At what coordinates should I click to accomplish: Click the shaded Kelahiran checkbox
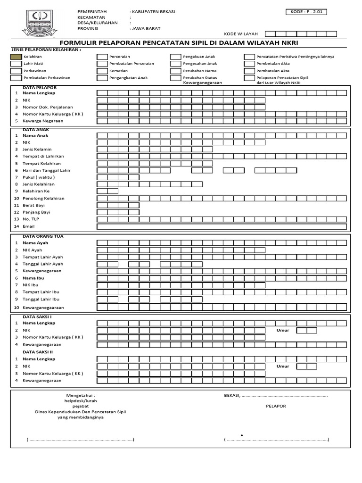[x=16, y=57]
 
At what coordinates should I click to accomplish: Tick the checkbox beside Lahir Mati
[x=16, y=64]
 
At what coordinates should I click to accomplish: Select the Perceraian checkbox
[x=102, y=57]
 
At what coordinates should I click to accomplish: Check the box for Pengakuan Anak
[x=175, y=57]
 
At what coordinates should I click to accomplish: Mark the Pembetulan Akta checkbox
[x=249, y=64]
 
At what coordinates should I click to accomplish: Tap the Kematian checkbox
[x=102, y=71]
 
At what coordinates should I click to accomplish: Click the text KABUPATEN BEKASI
[x=153, y=12]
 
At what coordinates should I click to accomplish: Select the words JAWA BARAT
[x=146, y=28]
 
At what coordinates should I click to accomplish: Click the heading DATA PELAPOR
[x=40, y=88]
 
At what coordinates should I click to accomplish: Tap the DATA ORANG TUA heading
[x=43, y=236]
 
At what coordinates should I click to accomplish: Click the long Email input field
[x=222, y=226]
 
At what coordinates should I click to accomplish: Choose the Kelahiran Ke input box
[x=107, y=191]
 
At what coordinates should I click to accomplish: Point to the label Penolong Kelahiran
[x=43, y=199]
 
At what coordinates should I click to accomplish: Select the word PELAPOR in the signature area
[x=276, y=406]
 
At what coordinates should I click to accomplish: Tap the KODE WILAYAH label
[x=241, y=34]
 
